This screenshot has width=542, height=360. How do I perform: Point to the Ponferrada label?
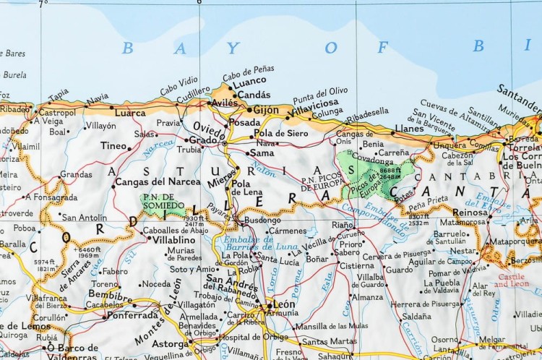pos(134,316)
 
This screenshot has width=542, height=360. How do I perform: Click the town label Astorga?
pos(169,345)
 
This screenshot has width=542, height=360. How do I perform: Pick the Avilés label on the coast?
pos(223,103)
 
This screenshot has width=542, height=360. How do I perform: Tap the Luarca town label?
pos(130,113)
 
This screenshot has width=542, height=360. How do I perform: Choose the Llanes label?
pos(409,128)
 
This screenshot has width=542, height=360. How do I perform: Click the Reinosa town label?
pos(470,212)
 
